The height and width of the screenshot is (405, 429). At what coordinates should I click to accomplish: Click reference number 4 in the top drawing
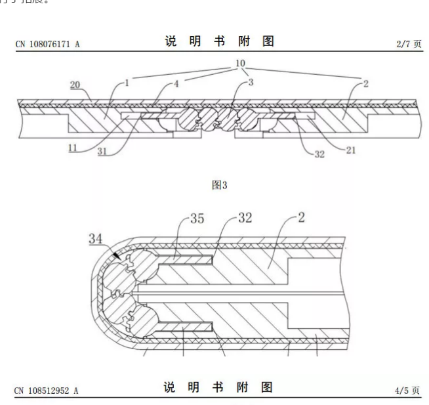pyautogui.click(x=177, y=83)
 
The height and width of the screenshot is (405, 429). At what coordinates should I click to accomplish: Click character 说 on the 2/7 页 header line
pyautogui.click(x=170, y=41)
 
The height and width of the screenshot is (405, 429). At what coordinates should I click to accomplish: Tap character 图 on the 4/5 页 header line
pyautogui.click(x=268, y=388)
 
